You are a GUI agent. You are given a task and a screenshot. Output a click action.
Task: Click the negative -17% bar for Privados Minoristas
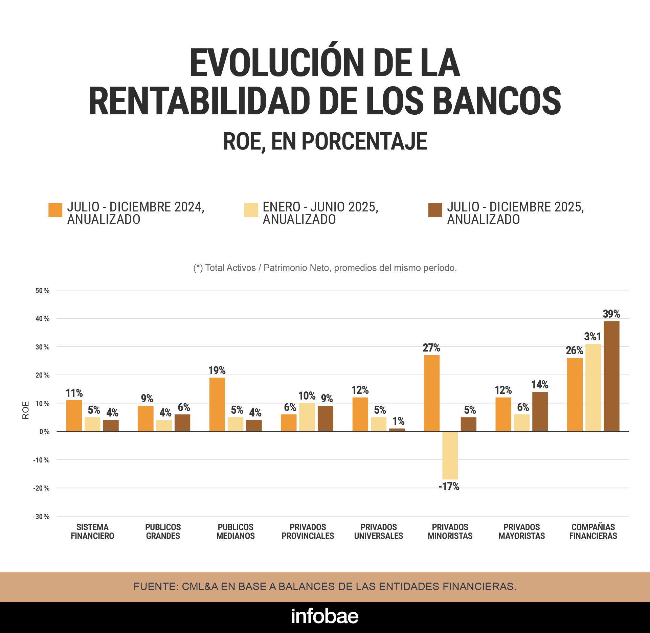[450, 455]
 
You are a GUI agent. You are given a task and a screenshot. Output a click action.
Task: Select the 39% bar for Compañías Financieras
[611, 376]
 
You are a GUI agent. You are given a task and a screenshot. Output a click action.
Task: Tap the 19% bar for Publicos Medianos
[217, 404]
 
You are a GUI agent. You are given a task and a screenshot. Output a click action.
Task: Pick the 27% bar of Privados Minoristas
[431, 393]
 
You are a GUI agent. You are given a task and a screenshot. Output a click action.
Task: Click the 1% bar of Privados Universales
[397, 430]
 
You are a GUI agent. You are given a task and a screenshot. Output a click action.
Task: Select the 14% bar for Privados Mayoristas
[540, 411]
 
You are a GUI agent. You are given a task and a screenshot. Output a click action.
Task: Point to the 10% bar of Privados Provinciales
[307, 417]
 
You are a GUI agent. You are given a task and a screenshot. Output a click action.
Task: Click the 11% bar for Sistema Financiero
[74, 415]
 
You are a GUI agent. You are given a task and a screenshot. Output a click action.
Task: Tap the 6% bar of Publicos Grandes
[182, 423]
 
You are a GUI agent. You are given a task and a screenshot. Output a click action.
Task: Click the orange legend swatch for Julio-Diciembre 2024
[55, 210]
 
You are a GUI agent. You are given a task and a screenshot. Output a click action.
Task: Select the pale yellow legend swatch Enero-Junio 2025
[251, 210]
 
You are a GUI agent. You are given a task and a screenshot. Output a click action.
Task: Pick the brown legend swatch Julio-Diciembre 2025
[435, 210]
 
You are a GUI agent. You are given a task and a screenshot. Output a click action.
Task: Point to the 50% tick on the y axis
[43, 291]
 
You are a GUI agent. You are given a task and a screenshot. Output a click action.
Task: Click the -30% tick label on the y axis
[41, 517]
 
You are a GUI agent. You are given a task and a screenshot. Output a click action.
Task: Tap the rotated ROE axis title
[26, 410]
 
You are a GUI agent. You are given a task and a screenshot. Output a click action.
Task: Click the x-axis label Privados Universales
[378, 532]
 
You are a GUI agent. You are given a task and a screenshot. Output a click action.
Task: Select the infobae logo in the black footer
[325, 616]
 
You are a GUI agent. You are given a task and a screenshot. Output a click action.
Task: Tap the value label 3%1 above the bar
[592, 337]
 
